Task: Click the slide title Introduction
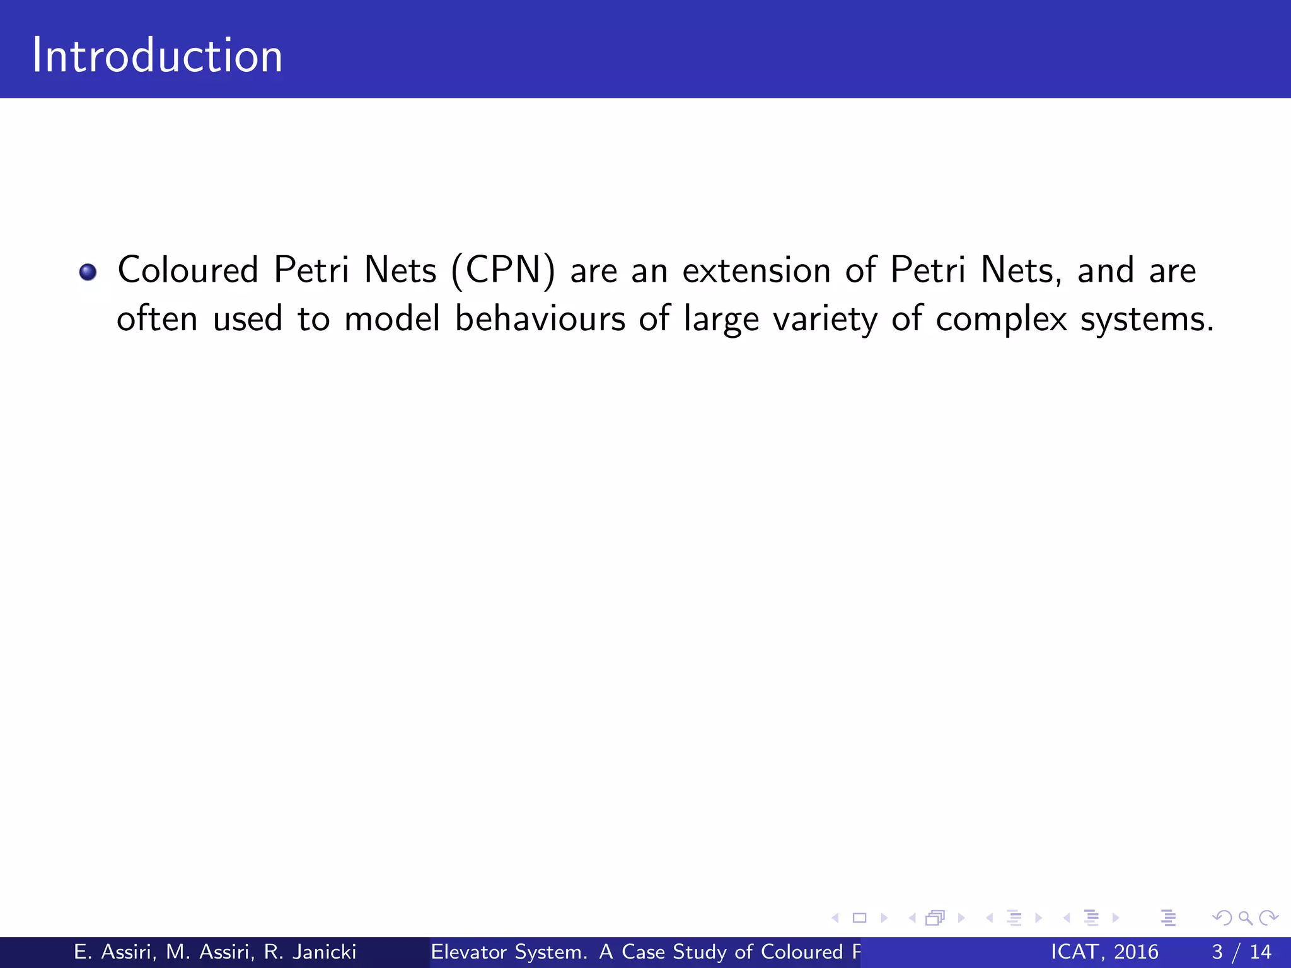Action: (x=157, y=55)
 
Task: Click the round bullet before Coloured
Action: (x=88, y=272)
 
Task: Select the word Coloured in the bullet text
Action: (x=188, y=270)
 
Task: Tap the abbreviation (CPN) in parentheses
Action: (x=503, y=271)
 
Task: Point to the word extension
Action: (x=756, y=270)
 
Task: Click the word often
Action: (x=157, y=318)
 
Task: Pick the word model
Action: (x=392, y=318)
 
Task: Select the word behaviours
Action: (x=540, y=318)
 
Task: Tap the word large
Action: (x=721, y=320)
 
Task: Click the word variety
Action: (x=825, y=320)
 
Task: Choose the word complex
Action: (x=1000, y=320)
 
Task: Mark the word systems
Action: (x=1146, y=320)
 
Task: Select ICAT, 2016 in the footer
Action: (x=1104, y=952)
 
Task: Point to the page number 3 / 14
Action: (x=1241, y=952)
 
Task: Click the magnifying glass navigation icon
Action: (x=1245, y=918)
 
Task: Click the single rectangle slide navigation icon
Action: (x=859, y=918)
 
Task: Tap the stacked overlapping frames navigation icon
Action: (x=935, y=918)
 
